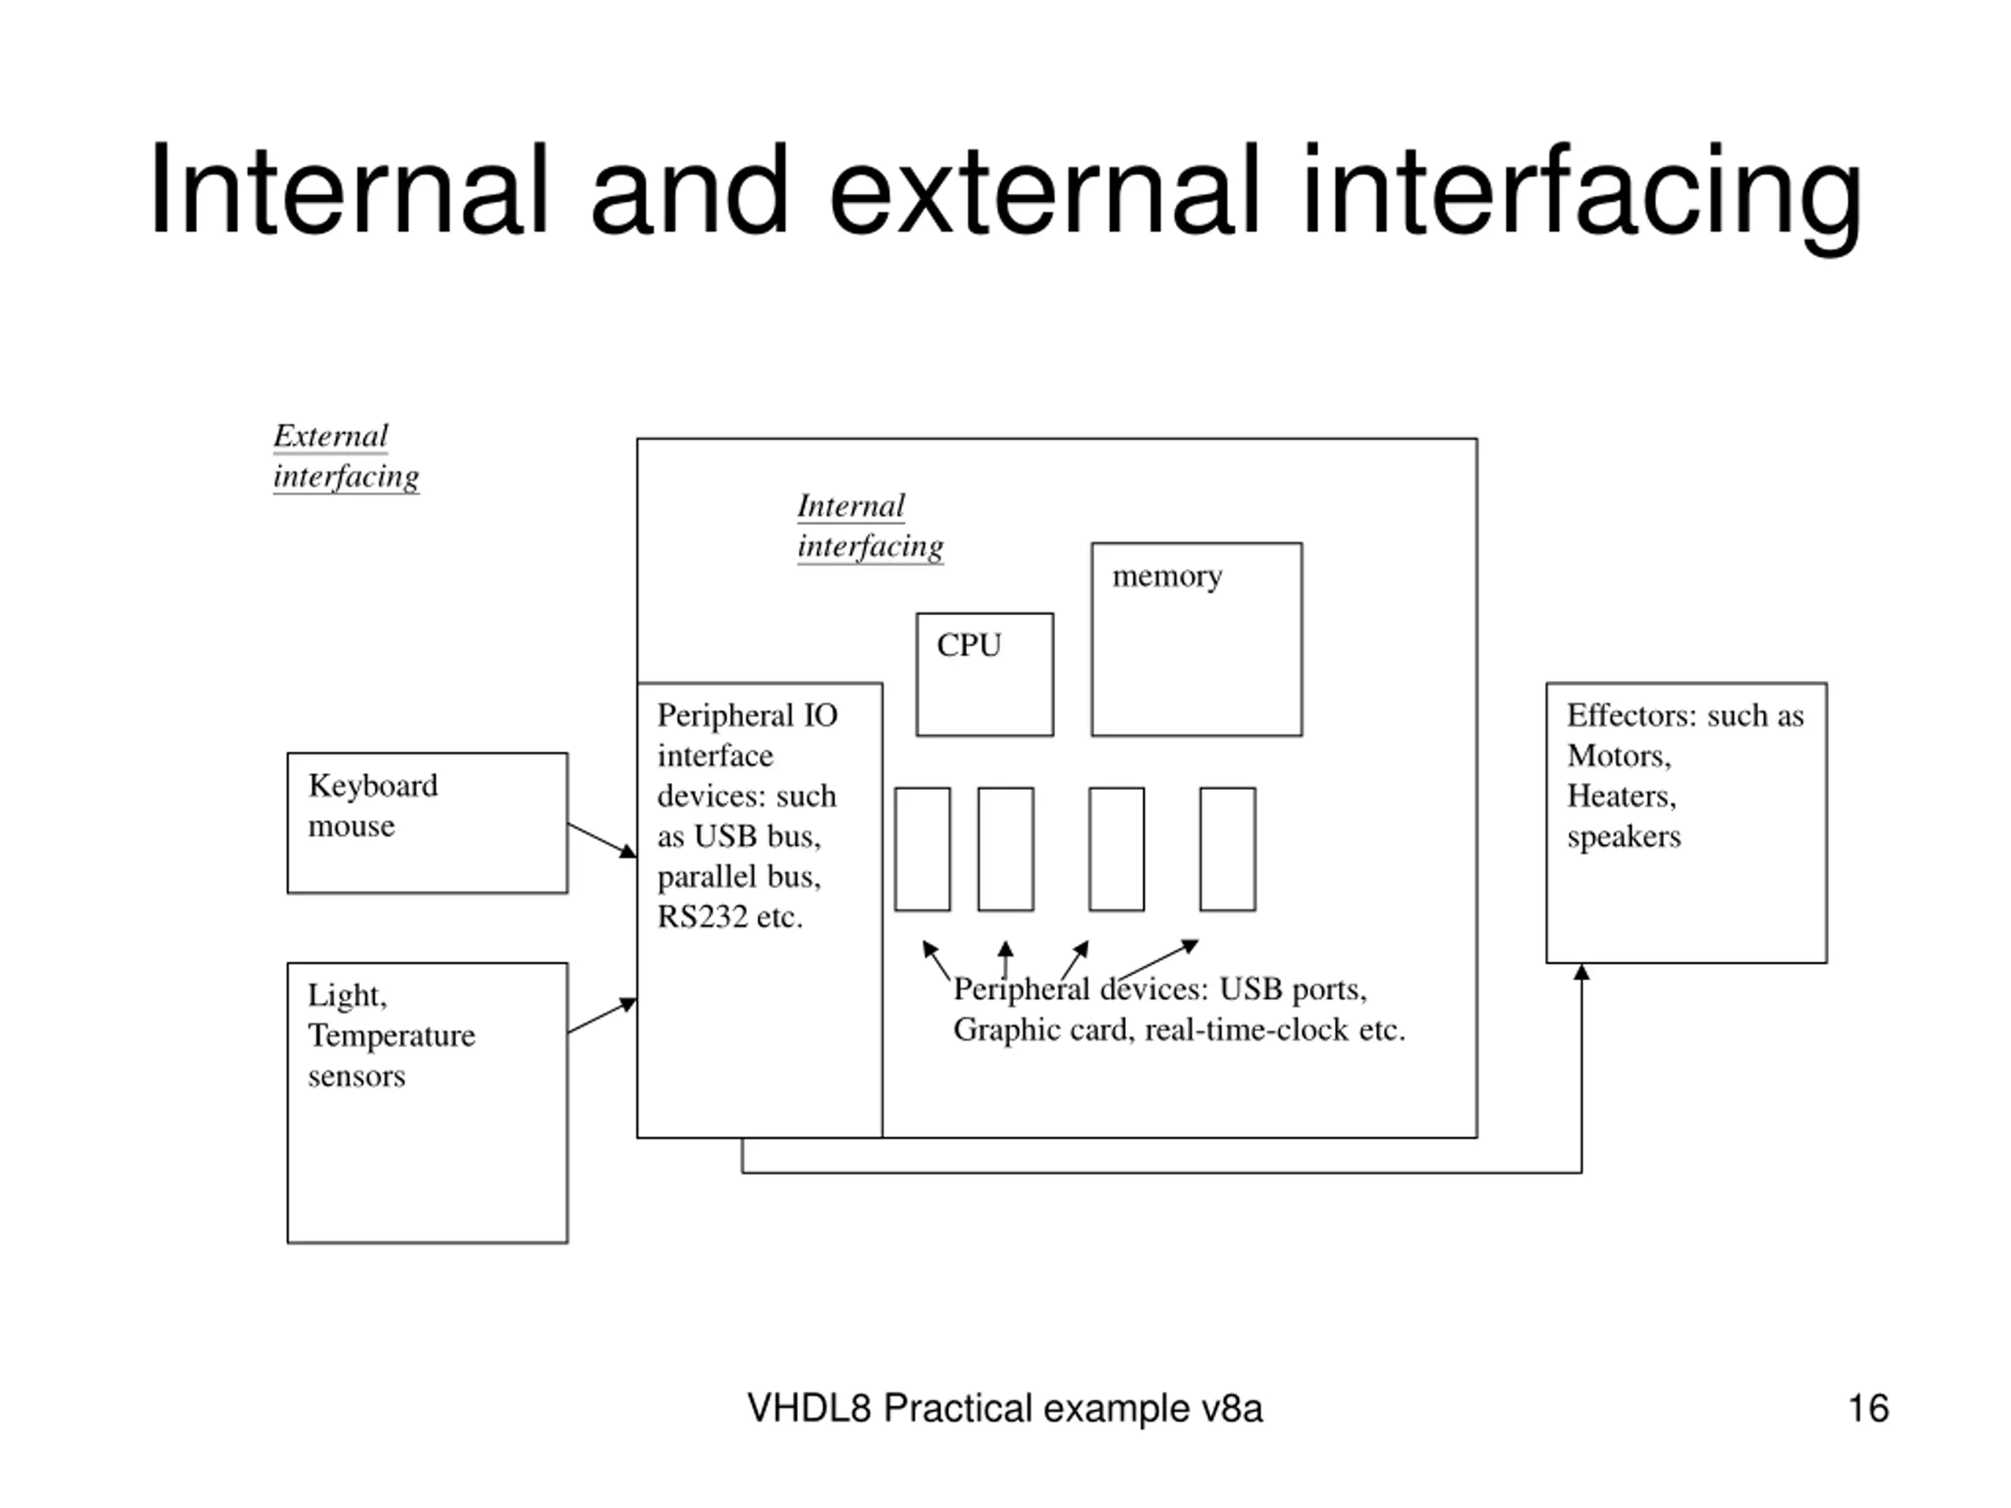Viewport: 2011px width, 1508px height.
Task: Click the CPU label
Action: point(969,645)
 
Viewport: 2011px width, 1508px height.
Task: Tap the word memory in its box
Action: point(1167,576)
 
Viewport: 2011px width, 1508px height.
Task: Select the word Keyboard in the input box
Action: point(373,785)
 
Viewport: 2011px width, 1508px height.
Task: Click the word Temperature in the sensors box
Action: point(392,1035)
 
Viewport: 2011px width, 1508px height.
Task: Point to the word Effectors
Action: point(1631,716)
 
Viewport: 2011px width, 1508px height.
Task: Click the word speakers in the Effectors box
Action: point(1624,837)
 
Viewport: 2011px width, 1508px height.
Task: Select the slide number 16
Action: point(1868,1408)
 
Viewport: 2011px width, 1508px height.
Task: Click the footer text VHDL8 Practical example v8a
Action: point(1005,1408)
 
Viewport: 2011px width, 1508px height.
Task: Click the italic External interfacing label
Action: point(346,456)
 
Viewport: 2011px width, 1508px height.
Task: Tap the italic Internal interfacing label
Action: point(870,525)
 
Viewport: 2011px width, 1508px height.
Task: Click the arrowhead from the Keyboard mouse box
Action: point(628,851)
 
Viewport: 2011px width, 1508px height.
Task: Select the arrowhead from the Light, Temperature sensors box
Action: point(628,1004)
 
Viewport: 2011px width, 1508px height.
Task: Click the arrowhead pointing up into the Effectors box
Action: point(1581,972)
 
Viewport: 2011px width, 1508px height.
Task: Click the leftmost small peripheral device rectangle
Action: point(922,849)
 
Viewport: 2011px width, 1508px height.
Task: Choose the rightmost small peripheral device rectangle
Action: point(1227,849)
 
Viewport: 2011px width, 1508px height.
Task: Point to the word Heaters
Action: point(1621,796)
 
